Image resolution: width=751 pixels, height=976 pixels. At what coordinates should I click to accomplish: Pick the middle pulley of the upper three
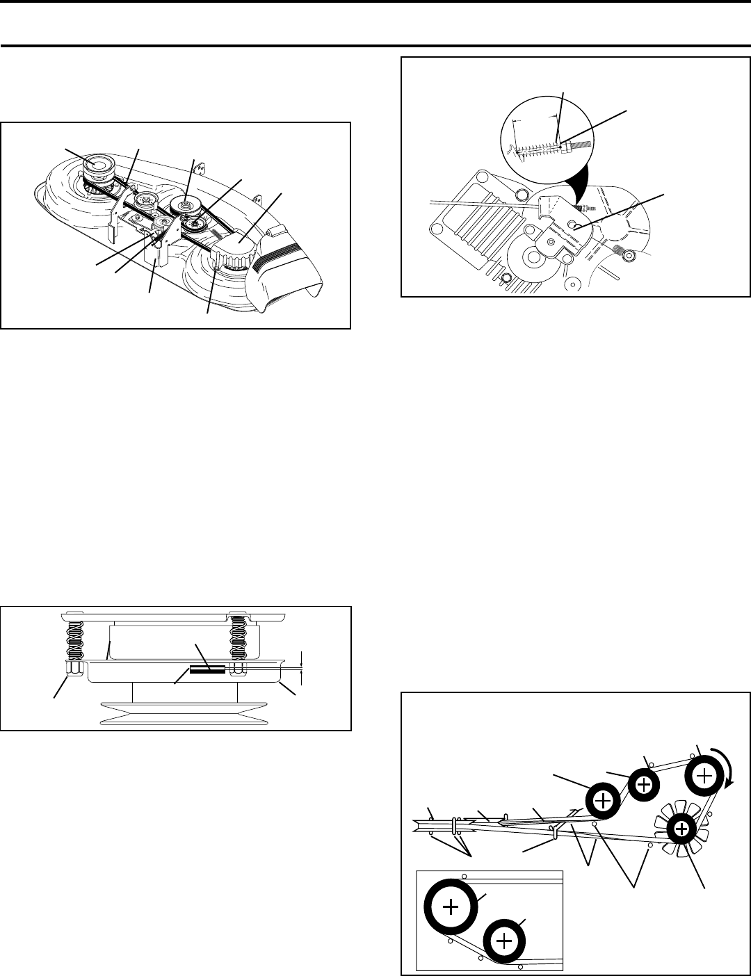coord(645,784)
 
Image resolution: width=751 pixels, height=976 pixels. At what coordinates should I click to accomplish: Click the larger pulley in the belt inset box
coord(451,906)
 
